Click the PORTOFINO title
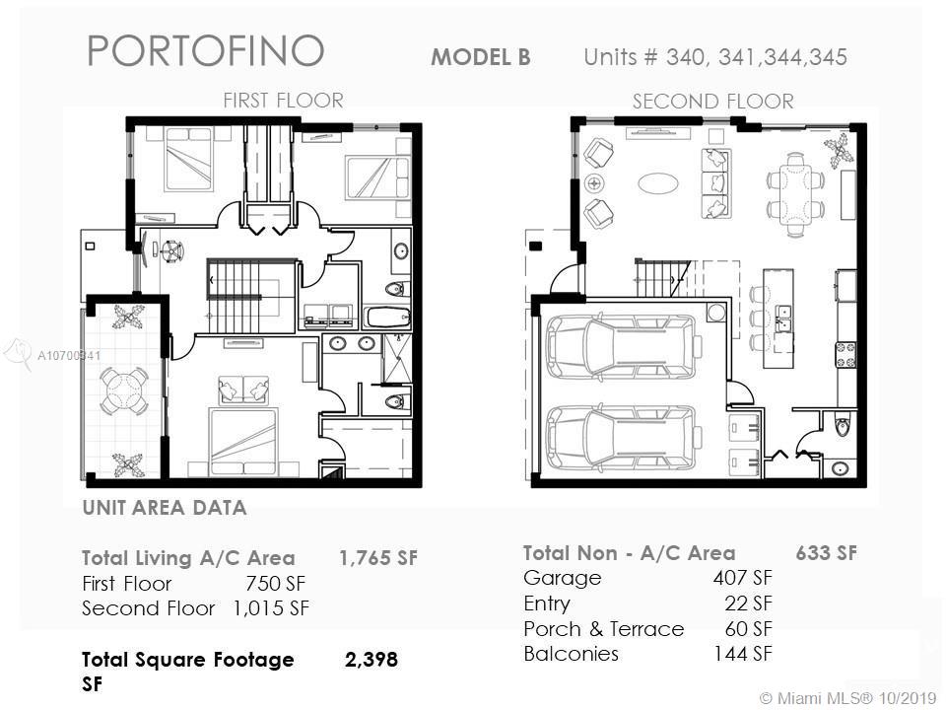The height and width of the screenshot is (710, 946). (206, 50)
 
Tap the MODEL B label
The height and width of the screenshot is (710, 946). (481, 57)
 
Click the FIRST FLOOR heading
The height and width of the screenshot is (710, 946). (283, 100)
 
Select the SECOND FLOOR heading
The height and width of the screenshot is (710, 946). (713, 101)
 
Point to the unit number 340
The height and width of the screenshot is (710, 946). (684, 57)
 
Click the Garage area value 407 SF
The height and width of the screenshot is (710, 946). (743, 577)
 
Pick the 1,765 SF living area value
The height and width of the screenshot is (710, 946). (378, 558)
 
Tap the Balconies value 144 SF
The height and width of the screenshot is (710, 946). (743, 653)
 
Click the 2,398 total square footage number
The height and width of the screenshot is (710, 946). (372, 660)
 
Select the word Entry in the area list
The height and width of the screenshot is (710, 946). (547, 603)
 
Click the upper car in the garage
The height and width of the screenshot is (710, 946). (623, 346)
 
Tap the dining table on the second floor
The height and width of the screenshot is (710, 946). (795, 194)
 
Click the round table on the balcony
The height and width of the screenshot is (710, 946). (124, 390)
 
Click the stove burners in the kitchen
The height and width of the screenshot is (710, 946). (845, 355)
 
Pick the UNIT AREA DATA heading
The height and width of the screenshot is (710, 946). (165, 508)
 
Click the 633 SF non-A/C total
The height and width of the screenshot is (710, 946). (826, 553)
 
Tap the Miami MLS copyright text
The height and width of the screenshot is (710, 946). (847, 698)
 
